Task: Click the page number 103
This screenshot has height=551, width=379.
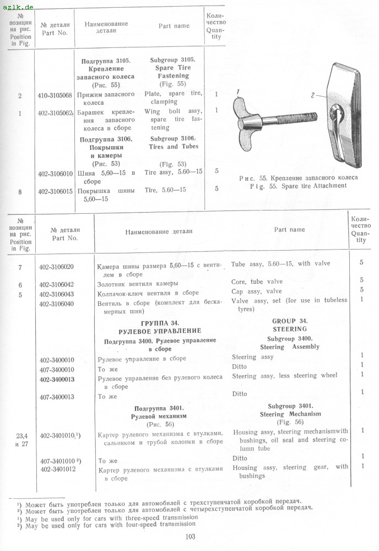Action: [191, 537]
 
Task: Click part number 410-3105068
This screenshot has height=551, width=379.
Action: [55, 94]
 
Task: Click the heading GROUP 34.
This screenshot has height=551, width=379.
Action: [290, 321]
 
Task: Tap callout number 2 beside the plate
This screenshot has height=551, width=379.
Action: [312, 95]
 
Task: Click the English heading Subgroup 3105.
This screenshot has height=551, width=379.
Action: [172, 59]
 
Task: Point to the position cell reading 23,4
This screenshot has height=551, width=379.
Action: [20, 435]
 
